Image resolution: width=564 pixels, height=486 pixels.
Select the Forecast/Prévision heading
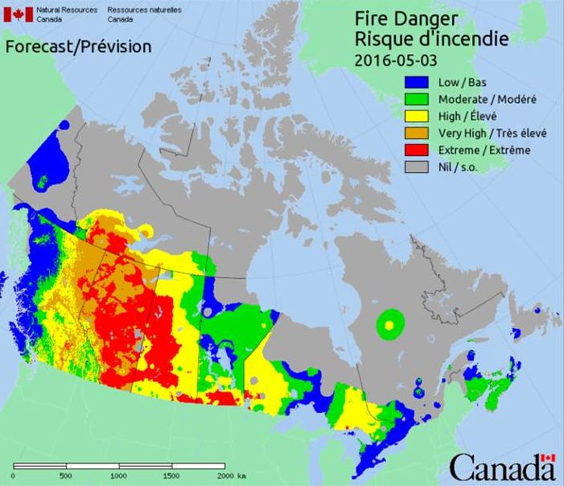click(x=78, y=47)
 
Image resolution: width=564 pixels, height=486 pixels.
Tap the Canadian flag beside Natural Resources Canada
click(x=19, y=14)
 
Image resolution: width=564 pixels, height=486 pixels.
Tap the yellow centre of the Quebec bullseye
click(x=389, y=324)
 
